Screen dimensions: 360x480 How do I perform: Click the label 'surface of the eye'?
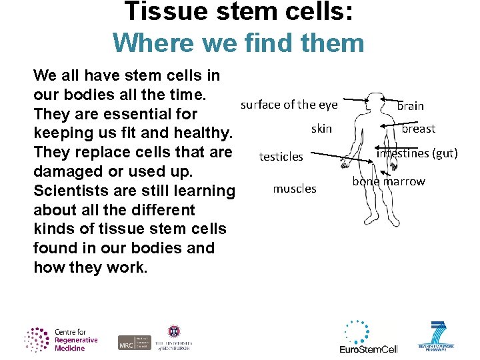pos(289,105)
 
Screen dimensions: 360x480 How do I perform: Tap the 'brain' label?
pos(410,106)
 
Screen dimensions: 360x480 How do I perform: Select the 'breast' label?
pos(418,129)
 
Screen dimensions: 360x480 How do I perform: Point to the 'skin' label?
pos(321,129)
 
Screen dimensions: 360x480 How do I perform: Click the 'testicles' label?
pos(281,157)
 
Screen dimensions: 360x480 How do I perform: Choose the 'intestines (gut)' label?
pos(417,153)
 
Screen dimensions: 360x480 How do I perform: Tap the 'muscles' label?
pos(295,189)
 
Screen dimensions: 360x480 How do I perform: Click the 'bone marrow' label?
pos(389,181)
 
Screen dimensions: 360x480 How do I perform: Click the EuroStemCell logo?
pos(368,337)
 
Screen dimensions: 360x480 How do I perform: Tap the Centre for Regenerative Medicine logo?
pos(61,339)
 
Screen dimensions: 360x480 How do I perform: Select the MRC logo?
pos(134,342)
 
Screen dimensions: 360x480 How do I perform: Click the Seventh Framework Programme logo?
pos(437,337)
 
